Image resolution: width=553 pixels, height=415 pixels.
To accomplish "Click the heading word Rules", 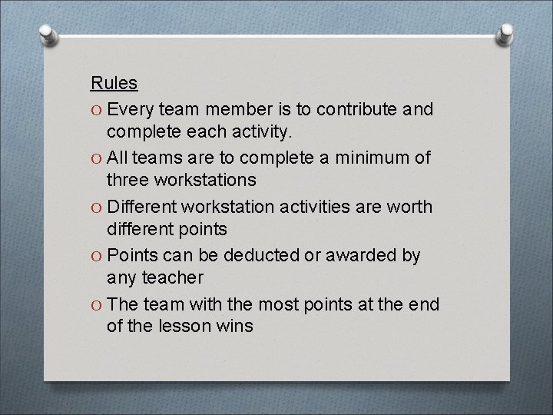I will pyautogui.click(x=114, y=82).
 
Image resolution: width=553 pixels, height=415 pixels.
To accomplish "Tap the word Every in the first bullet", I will pyautogui.click(x=137, y=109).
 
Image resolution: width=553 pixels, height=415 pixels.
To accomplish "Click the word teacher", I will pyautogui.click(x=173, y=277).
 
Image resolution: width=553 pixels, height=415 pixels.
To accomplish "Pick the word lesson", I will pyautogui.click(x=187, y=326).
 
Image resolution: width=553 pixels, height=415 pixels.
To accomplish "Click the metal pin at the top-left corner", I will pyautogui.click(x=47, y=34).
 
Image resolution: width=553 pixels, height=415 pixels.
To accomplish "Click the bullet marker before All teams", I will pyautogui.click(x=96, y=158).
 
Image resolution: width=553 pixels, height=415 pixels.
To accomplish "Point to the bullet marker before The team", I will pyautogui.click(x=96, y=305).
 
